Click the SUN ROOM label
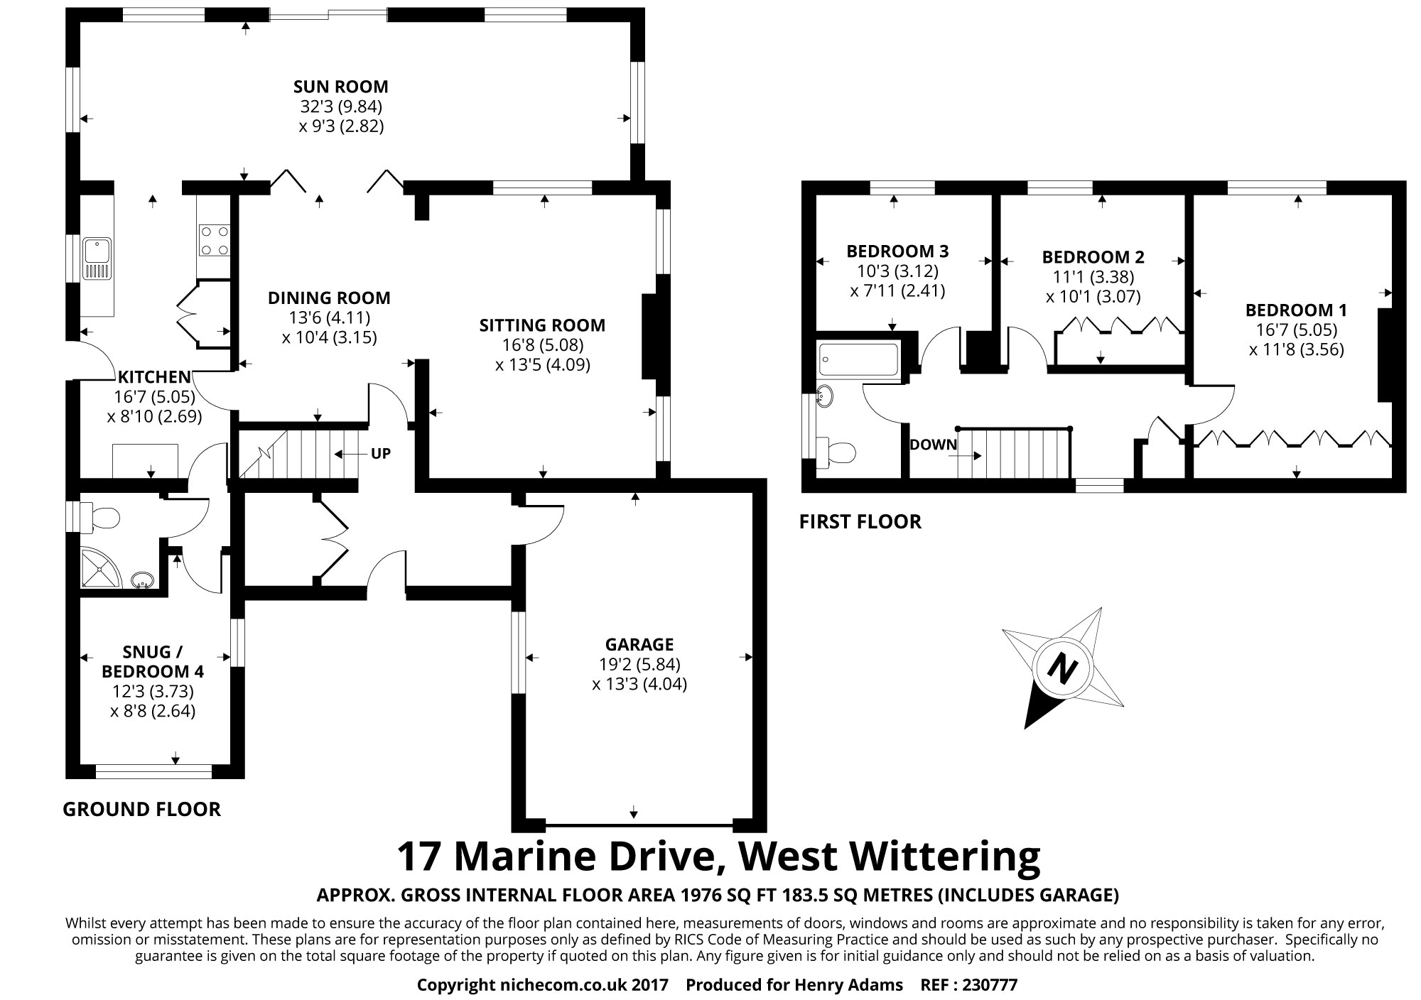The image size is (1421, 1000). (340, 87)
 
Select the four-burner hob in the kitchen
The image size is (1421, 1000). (214, 239)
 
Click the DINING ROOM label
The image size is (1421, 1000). (329, 298)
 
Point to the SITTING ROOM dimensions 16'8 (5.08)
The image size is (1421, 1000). (542, 345)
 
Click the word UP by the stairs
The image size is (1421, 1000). (381, 454)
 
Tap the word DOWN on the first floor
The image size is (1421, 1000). (933, 445)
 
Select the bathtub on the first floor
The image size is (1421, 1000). (858, 359)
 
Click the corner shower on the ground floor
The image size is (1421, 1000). (99, 568)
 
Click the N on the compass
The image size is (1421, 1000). (1063, 668)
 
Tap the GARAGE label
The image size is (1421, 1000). (639, 644)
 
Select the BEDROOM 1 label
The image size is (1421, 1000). (1296, 310)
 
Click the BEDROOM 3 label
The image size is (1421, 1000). (897, 251)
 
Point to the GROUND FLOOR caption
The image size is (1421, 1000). (141, 809)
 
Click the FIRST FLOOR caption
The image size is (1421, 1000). (860, 522)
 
